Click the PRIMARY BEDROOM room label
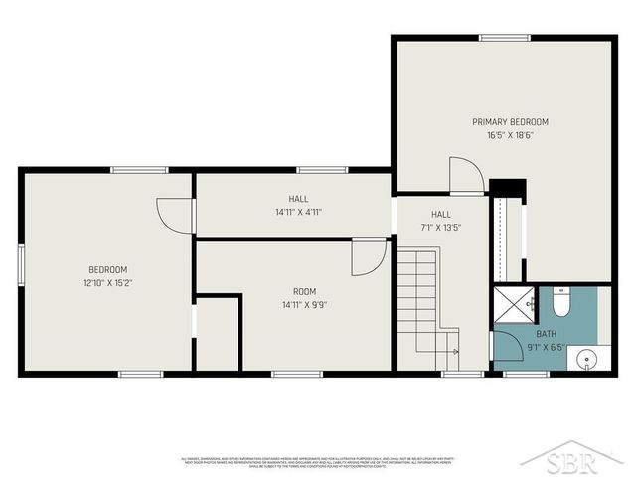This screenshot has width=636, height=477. [x=510, y=122]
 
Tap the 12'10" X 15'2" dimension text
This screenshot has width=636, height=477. [x=107, y=283]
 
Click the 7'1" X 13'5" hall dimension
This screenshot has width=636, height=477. [x=441, y=228]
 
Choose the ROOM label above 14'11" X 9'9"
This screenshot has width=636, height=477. [x=304, y=291]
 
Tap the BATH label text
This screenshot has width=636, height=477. [x=547, y=334]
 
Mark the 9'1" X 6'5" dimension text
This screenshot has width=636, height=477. [x=547, y=347]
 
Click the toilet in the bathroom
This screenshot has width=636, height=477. [x=559, y=300]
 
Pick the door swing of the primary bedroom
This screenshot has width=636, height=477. [x=465, y=176]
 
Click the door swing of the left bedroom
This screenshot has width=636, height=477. [x=177, y=215]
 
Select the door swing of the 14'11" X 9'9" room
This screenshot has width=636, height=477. [x=368, y=257]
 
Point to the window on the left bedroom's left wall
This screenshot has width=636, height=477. [x=21, y=266]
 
